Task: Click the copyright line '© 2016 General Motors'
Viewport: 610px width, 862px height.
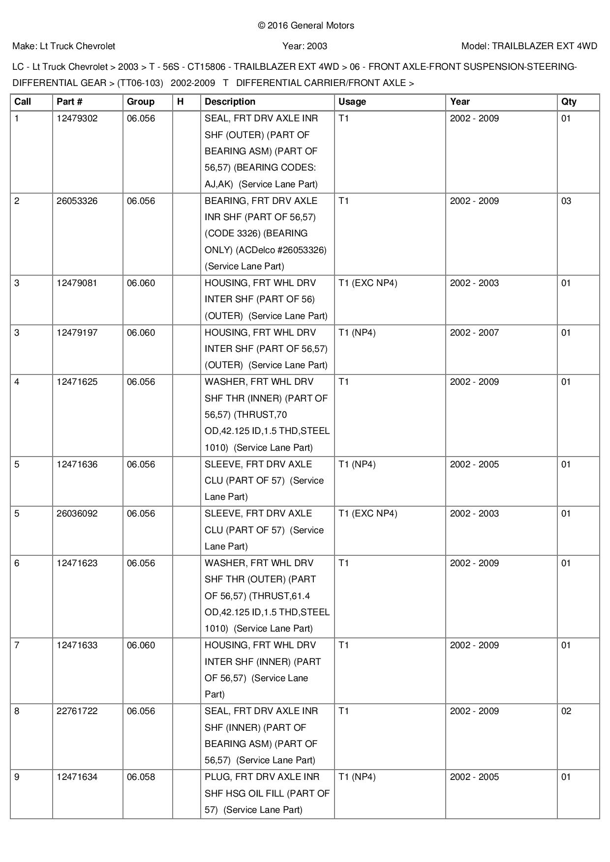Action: (305, 26)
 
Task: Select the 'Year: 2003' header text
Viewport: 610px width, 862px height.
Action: (305, 46)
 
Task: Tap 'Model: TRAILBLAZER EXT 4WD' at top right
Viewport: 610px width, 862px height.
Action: (529, 46)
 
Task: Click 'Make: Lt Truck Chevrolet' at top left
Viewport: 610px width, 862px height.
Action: (64, 46)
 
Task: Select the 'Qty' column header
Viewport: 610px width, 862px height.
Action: (569, 102)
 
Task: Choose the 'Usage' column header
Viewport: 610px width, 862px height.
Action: (352, 102)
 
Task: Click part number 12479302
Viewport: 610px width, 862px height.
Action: (77, 118)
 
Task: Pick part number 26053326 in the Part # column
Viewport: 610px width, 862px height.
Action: (77, 201)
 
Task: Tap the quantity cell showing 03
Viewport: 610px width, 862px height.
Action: (566, 201)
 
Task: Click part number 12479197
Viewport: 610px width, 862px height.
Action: (77, 333)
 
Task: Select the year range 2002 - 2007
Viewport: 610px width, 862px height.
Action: (474, 333)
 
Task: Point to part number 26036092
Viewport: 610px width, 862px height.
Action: (77, 514)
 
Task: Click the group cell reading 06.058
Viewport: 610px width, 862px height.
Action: (141, 777)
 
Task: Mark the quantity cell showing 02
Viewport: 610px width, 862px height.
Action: (566, 711)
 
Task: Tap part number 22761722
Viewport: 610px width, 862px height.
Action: (77, 711)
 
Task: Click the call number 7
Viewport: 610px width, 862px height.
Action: (17, 645)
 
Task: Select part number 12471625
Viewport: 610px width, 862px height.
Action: (77, 382)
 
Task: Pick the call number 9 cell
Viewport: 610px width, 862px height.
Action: (17, 777)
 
